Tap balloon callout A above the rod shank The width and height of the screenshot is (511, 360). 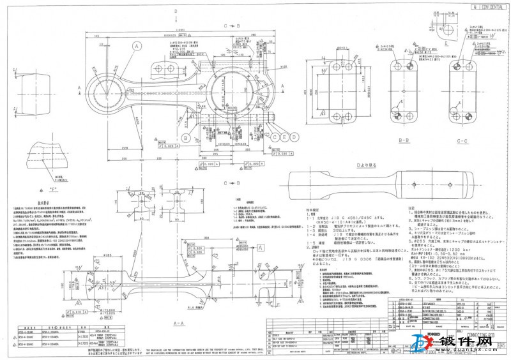pyautogui.click(x=136, y=45)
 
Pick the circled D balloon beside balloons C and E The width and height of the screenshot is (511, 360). pyautogui.click(x=293, y=137)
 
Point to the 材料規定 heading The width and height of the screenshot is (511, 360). pyautogui.click(x=312, y=208)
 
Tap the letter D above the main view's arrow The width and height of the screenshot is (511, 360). pyautogui.click(x=175, y=11)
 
